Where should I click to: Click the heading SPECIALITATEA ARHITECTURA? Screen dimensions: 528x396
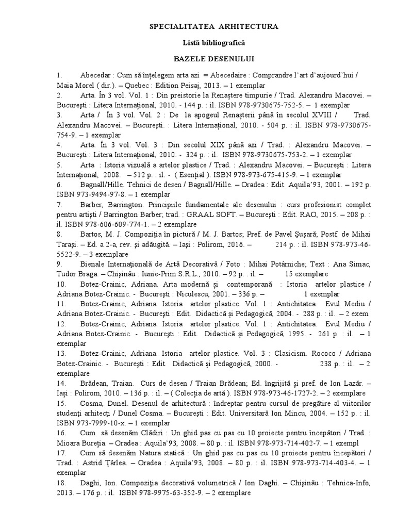(x=213, y=26)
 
